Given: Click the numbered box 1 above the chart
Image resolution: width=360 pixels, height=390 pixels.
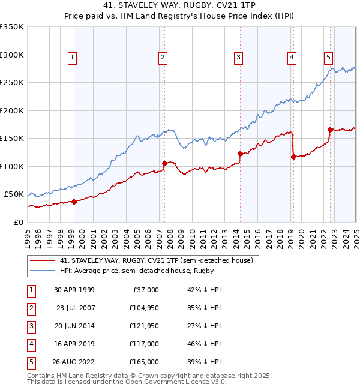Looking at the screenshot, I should tap(72, 58).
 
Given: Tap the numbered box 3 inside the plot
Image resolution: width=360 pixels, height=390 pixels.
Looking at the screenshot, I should tap(238, 58).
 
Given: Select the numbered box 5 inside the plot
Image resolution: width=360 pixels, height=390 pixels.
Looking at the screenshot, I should tap(329, 58).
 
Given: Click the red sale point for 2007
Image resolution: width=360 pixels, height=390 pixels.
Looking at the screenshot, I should tap(164, 163).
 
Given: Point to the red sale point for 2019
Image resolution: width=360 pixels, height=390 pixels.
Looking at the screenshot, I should tap(293, 157).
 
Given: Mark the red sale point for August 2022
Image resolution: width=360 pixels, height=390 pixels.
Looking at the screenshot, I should tap(330, 130).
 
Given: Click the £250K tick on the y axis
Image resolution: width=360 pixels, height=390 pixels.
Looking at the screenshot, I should tap(12, 83).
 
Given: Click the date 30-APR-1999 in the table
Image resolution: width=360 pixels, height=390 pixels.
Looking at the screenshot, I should tap(74, 290).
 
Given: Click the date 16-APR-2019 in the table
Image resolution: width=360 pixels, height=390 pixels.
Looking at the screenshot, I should tap(74, 344).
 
